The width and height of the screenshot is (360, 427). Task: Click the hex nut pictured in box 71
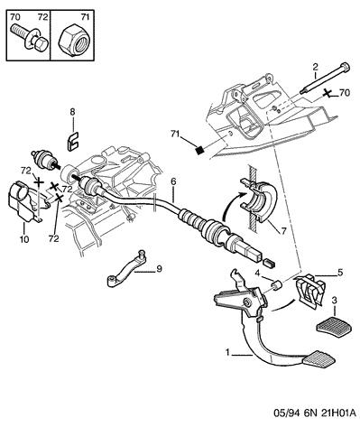pos(72,40)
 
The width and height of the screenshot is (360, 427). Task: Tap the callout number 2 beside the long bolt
pos(315,67)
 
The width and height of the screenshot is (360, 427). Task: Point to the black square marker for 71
pos(199,150)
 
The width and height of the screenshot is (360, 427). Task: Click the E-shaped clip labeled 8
pos(72,141)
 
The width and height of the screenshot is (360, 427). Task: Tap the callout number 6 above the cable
pos(174,182)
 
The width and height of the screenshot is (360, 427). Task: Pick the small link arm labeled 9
pos(126,267)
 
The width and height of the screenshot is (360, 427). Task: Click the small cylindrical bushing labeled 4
pos(276,284)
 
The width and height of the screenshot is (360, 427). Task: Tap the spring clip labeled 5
pos(309,291)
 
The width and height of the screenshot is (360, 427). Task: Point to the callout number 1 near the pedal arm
pos(228,352)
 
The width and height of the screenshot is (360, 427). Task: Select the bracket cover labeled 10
pos(25,200)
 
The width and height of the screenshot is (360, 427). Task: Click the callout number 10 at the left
pos(24,239)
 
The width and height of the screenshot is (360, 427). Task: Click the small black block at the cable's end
pos(269,263)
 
